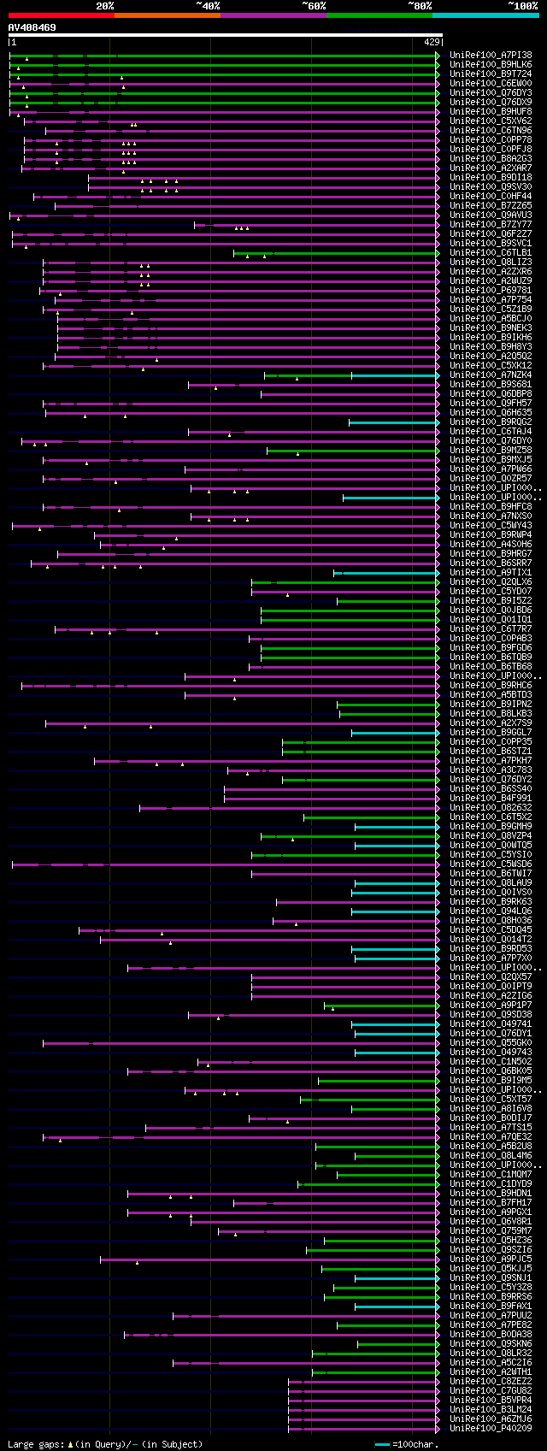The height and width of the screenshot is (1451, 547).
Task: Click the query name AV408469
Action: [32, 27]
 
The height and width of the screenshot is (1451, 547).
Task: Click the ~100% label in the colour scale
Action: [522, 6]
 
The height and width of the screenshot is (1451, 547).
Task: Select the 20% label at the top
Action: [104, 6]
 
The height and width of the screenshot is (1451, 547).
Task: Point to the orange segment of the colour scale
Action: [167, 15]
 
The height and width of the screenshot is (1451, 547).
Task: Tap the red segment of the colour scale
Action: [61, 15]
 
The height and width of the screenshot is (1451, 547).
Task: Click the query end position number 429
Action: [432, 41]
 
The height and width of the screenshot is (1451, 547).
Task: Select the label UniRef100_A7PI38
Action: [491, 55]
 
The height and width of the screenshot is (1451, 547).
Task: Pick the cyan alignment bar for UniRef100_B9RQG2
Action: [393, 422]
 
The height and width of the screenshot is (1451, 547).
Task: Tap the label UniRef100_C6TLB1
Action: [491, 253]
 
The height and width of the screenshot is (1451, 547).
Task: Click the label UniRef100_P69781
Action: [491, 291]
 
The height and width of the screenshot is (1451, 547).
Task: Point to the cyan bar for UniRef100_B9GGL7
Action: [394, 733]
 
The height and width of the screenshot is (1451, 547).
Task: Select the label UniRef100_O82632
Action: [491, 808]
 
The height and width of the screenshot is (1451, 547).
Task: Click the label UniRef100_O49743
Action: [491, 1053]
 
